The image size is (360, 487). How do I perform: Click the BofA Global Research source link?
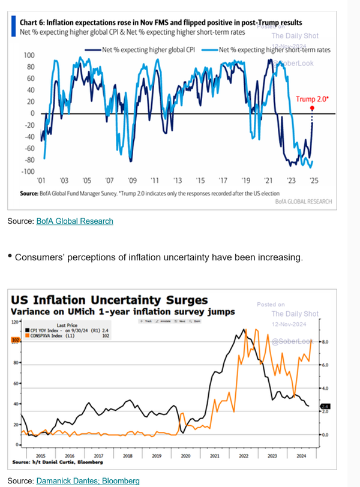pos(74,221)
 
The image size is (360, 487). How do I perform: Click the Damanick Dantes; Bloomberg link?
pos(88,480)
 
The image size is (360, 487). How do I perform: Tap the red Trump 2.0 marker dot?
pos(312,108)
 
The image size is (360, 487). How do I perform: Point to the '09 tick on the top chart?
pos(131,181)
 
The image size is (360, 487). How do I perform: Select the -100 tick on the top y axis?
pos(28,172)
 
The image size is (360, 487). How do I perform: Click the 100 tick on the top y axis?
pos(28,55)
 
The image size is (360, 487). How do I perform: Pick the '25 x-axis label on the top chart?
pos(314,181)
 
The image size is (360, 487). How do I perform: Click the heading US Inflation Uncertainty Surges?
pos(110,299)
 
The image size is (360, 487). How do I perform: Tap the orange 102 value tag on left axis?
pos(16,340)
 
